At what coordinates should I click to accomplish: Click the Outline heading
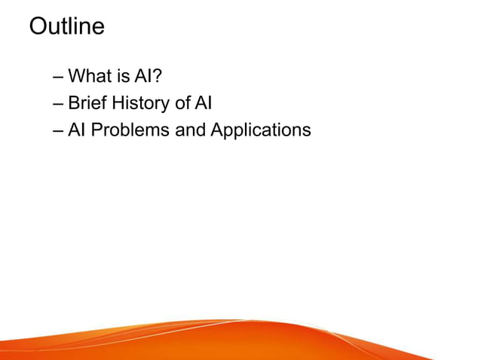coord(66,27)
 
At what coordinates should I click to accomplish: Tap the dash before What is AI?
coord(59,77)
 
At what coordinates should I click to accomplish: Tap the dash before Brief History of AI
coord(59,103)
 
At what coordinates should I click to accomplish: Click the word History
coord(140,103)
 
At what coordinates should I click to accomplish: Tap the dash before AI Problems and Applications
coord(59,130)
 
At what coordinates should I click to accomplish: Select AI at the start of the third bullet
coord(77,130)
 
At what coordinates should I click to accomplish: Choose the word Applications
coord(260,130)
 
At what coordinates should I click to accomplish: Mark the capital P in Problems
coord(97,130)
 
